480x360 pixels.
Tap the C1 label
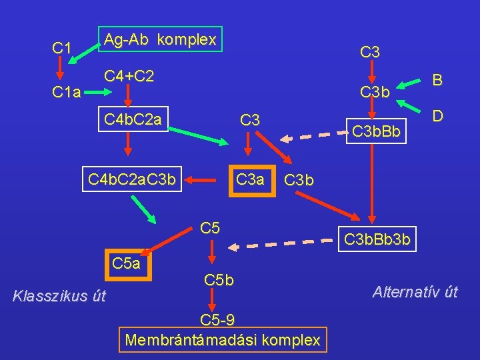click(x=61, y=48)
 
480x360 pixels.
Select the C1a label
click(x=67, y=93)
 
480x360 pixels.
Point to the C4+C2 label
click(x=129, y=77)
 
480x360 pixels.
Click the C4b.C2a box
click(x=133, y=120)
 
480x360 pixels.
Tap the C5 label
click(x=210, y=229)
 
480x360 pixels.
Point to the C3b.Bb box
click(x=376, y=132)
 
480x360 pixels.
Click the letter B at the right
click(x=437, y=81)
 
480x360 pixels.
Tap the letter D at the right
click(x=437, y=116)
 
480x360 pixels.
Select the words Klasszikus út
click(x=59, y=296)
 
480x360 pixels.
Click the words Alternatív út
click(x=415, y=291)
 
